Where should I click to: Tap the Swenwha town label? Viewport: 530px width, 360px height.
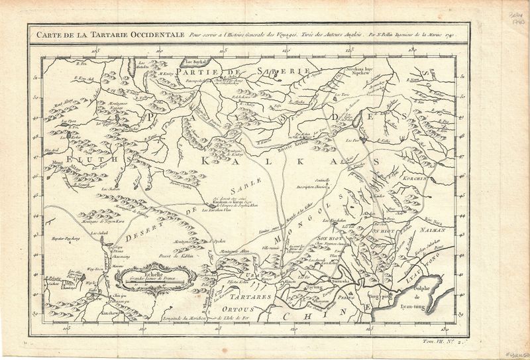pyautogui.click(x=341, y=282)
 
